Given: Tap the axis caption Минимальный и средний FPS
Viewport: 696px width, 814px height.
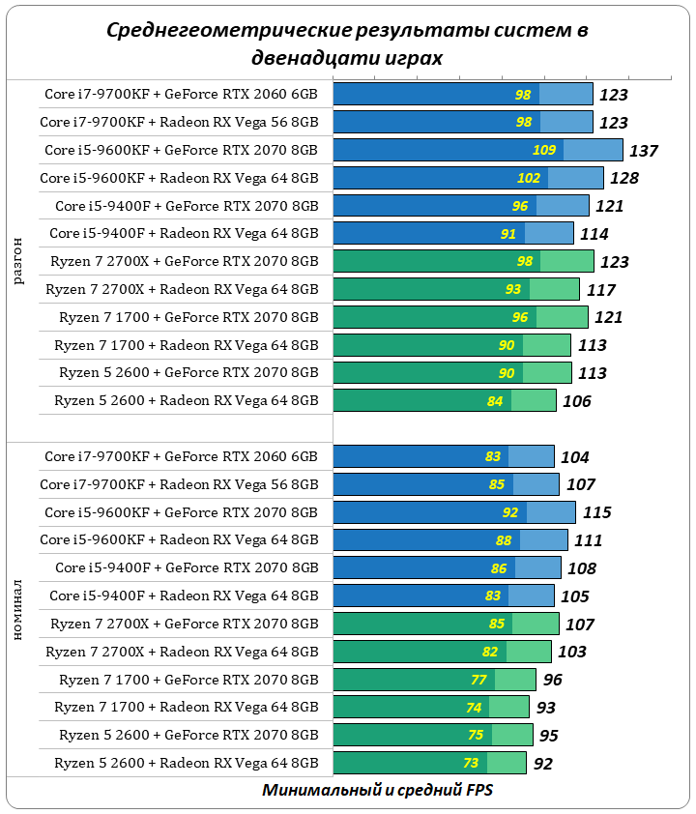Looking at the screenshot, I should (377, 790).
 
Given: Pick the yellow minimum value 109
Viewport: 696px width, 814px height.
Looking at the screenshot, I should (544, 151).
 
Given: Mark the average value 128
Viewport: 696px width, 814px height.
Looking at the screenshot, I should (624, 179).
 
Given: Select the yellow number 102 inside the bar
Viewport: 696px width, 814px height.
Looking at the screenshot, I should (529, 179).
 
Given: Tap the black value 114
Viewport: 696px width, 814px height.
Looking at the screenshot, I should (594, 234).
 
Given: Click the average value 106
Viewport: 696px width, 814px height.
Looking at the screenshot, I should (576, 401).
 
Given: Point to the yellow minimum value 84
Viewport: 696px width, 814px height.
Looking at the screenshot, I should (495, 401).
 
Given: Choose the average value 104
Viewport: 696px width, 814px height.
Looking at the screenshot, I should (574, 457).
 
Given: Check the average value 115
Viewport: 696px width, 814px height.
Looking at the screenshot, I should (595, 512).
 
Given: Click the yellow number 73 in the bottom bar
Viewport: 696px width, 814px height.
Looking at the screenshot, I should (471, 764).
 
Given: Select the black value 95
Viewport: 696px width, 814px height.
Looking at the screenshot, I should (548, 736).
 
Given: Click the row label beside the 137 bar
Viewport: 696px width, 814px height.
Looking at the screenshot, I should (181, 150).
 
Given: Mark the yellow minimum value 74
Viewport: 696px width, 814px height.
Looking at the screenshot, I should (474, 708).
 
